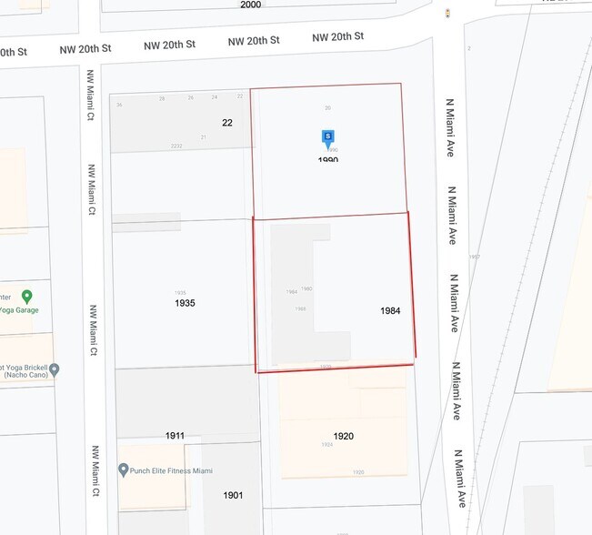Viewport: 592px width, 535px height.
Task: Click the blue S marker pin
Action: point(328,138)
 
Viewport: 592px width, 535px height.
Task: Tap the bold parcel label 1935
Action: point(185,303)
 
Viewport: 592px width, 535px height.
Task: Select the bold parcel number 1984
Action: point(390,311)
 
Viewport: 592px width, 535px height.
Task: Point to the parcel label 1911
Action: point(176,436)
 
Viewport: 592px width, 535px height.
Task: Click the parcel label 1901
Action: point(234,495)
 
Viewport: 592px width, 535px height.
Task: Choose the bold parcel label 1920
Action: point(343,436)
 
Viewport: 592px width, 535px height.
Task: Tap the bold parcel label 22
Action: point(227,122)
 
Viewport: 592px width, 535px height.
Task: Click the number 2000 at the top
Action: point(250,5)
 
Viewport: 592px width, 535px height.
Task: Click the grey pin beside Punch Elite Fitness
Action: point(123,469)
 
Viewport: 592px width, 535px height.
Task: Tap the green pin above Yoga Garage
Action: point(27,297)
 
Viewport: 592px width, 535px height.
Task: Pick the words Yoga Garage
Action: point(19,310)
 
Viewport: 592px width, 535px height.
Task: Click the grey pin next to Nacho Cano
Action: point(55,369)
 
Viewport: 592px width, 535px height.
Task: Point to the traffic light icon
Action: point(447,13)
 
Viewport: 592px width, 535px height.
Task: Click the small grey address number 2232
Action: point(176,146)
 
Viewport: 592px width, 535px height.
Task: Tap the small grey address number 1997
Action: point(474,257)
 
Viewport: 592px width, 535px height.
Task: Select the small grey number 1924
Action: point(326,445)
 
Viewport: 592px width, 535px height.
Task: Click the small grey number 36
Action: point(119,105)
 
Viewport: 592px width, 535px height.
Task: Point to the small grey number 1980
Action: point(306,288)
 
